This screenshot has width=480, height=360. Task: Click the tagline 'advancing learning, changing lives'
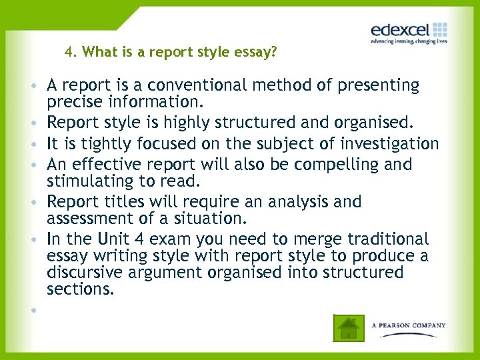point(409,41)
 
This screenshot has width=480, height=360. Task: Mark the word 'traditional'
point(386,239)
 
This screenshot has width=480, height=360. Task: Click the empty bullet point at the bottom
point(32,310)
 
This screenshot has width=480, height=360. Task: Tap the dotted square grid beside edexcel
point(440,29)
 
